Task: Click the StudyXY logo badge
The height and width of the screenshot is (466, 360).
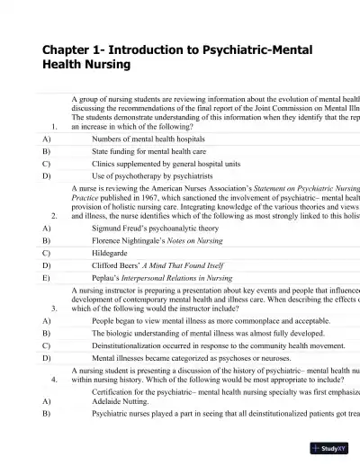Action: tap(330, 447)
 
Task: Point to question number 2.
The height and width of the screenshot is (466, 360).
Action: tap(56, 216)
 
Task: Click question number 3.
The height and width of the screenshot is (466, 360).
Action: tap(56, 308)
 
